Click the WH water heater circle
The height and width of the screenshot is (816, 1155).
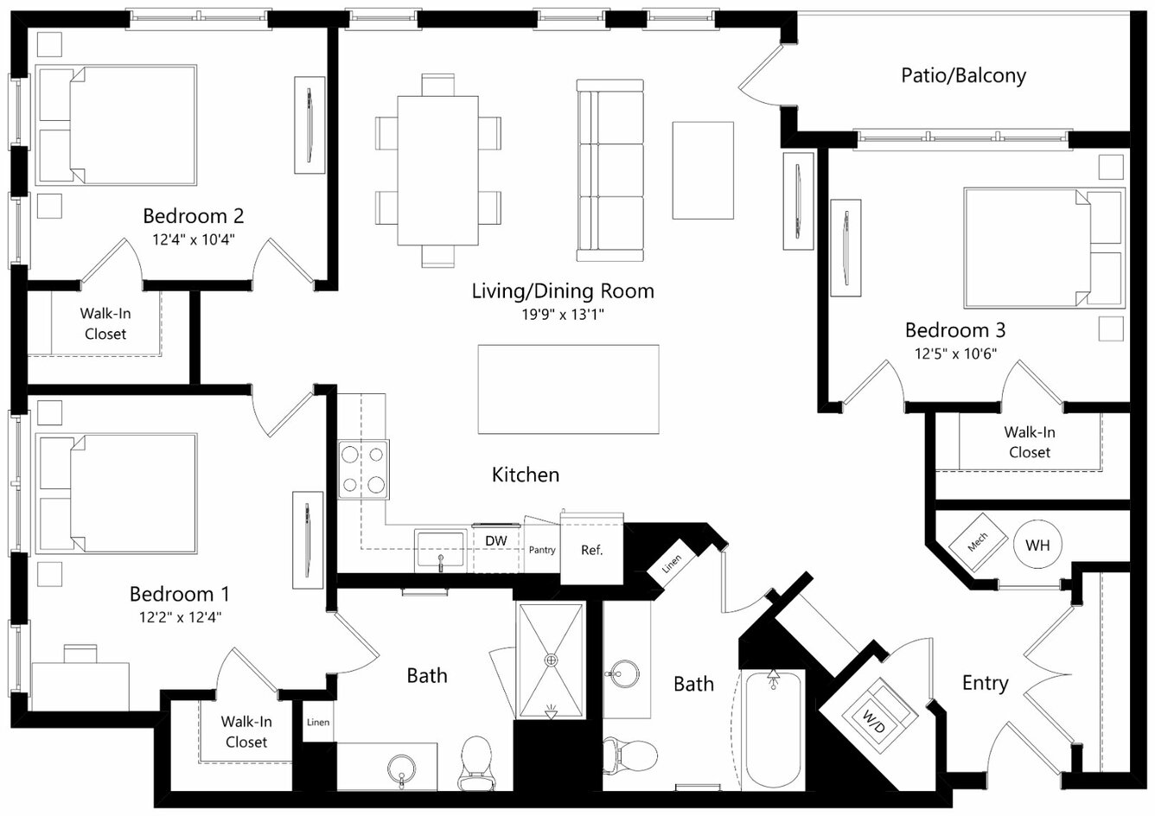tap(1037, 545)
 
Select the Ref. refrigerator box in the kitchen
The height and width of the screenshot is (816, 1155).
tap(592, 549)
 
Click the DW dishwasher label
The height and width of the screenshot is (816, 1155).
tap(496, 541)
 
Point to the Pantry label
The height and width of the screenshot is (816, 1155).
tap(542, 550)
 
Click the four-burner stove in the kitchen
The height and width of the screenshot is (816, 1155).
tap(363, 469)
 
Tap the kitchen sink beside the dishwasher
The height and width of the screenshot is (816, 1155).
tap(440, 550)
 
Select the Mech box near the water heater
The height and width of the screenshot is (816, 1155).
tap(978, 541)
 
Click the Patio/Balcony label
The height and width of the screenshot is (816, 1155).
tap(963, 76)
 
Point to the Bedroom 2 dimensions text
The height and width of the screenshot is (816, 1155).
tap(194, 239)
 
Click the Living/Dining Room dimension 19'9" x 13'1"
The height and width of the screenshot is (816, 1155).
tap(563, 314)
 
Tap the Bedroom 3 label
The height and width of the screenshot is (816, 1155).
tap(955, 330)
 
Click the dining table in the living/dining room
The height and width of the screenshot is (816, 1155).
tap(437, 170)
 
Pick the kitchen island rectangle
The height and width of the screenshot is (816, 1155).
tap(568, 389)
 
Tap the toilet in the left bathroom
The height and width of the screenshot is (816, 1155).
tap(476, 763)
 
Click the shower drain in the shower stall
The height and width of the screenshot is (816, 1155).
tap(552, 660)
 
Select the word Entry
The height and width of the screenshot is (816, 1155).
tap(985, 684)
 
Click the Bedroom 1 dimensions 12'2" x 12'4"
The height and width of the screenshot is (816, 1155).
tap(180, 617)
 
